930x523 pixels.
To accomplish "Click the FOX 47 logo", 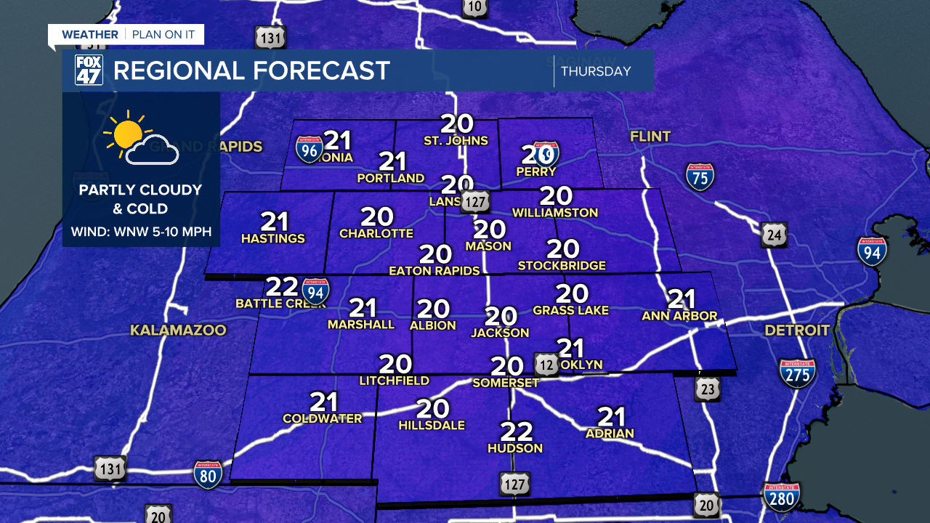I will click(x=89, y=70).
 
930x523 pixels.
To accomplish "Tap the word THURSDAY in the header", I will click(x=596, y=71).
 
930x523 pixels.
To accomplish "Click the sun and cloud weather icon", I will click(x=140, y=139).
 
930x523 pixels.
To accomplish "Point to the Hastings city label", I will click(x=273, y=238).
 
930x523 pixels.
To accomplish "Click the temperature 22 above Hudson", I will click(x=517, y=431).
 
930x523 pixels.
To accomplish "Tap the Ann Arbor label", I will click(x=679, y=316).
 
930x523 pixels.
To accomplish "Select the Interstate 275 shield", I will click(x=798, y=373).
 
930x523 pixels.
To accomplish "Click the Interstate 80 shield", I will click(x=208, y=474).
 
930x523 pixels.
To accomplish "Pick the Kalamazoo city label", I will click(x=178, y=331).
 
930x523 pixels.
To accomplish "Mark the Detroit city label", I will click(x=797, y=331).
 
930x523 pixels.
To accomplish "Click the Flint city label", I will click(x=650, y=137).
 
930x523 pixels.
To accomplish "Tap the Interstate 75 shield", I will click(x=700, y=177).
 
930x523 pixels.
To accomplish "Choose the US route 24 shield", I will click(x=774, y=235).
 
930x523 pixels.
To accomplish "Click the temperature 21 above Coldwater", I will click(x=323, y=401).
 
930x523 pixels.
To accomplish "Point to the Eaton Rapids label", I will click(x=434, y=271).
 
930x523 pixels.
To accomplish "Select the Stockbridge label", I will click(x=562, y=266).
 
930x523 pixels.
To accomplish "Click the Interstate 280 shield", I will click(x=782, y=498).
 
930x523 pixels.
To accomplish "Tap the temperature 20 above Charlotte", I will click(x=376, y=216).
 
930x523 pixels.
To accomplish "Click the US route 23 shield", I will click(x=707, y=389).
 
